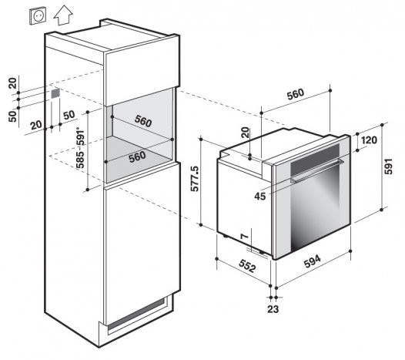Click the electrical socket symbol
tap(38, 16)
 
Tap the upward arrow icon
tap(63, 15)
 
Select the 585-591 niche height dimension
tap(81, 148)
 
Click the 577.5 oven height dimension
tap(195, 179)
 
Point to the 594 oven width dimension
tap(313, 261)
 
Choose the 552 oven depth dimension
tap(247, 266)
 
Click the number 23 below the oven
tap(273, 309)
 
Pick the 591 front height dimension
tap(388, 167)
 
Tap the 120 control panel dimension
tap(369, 140)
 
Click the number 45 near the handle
tap(259, 197)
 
